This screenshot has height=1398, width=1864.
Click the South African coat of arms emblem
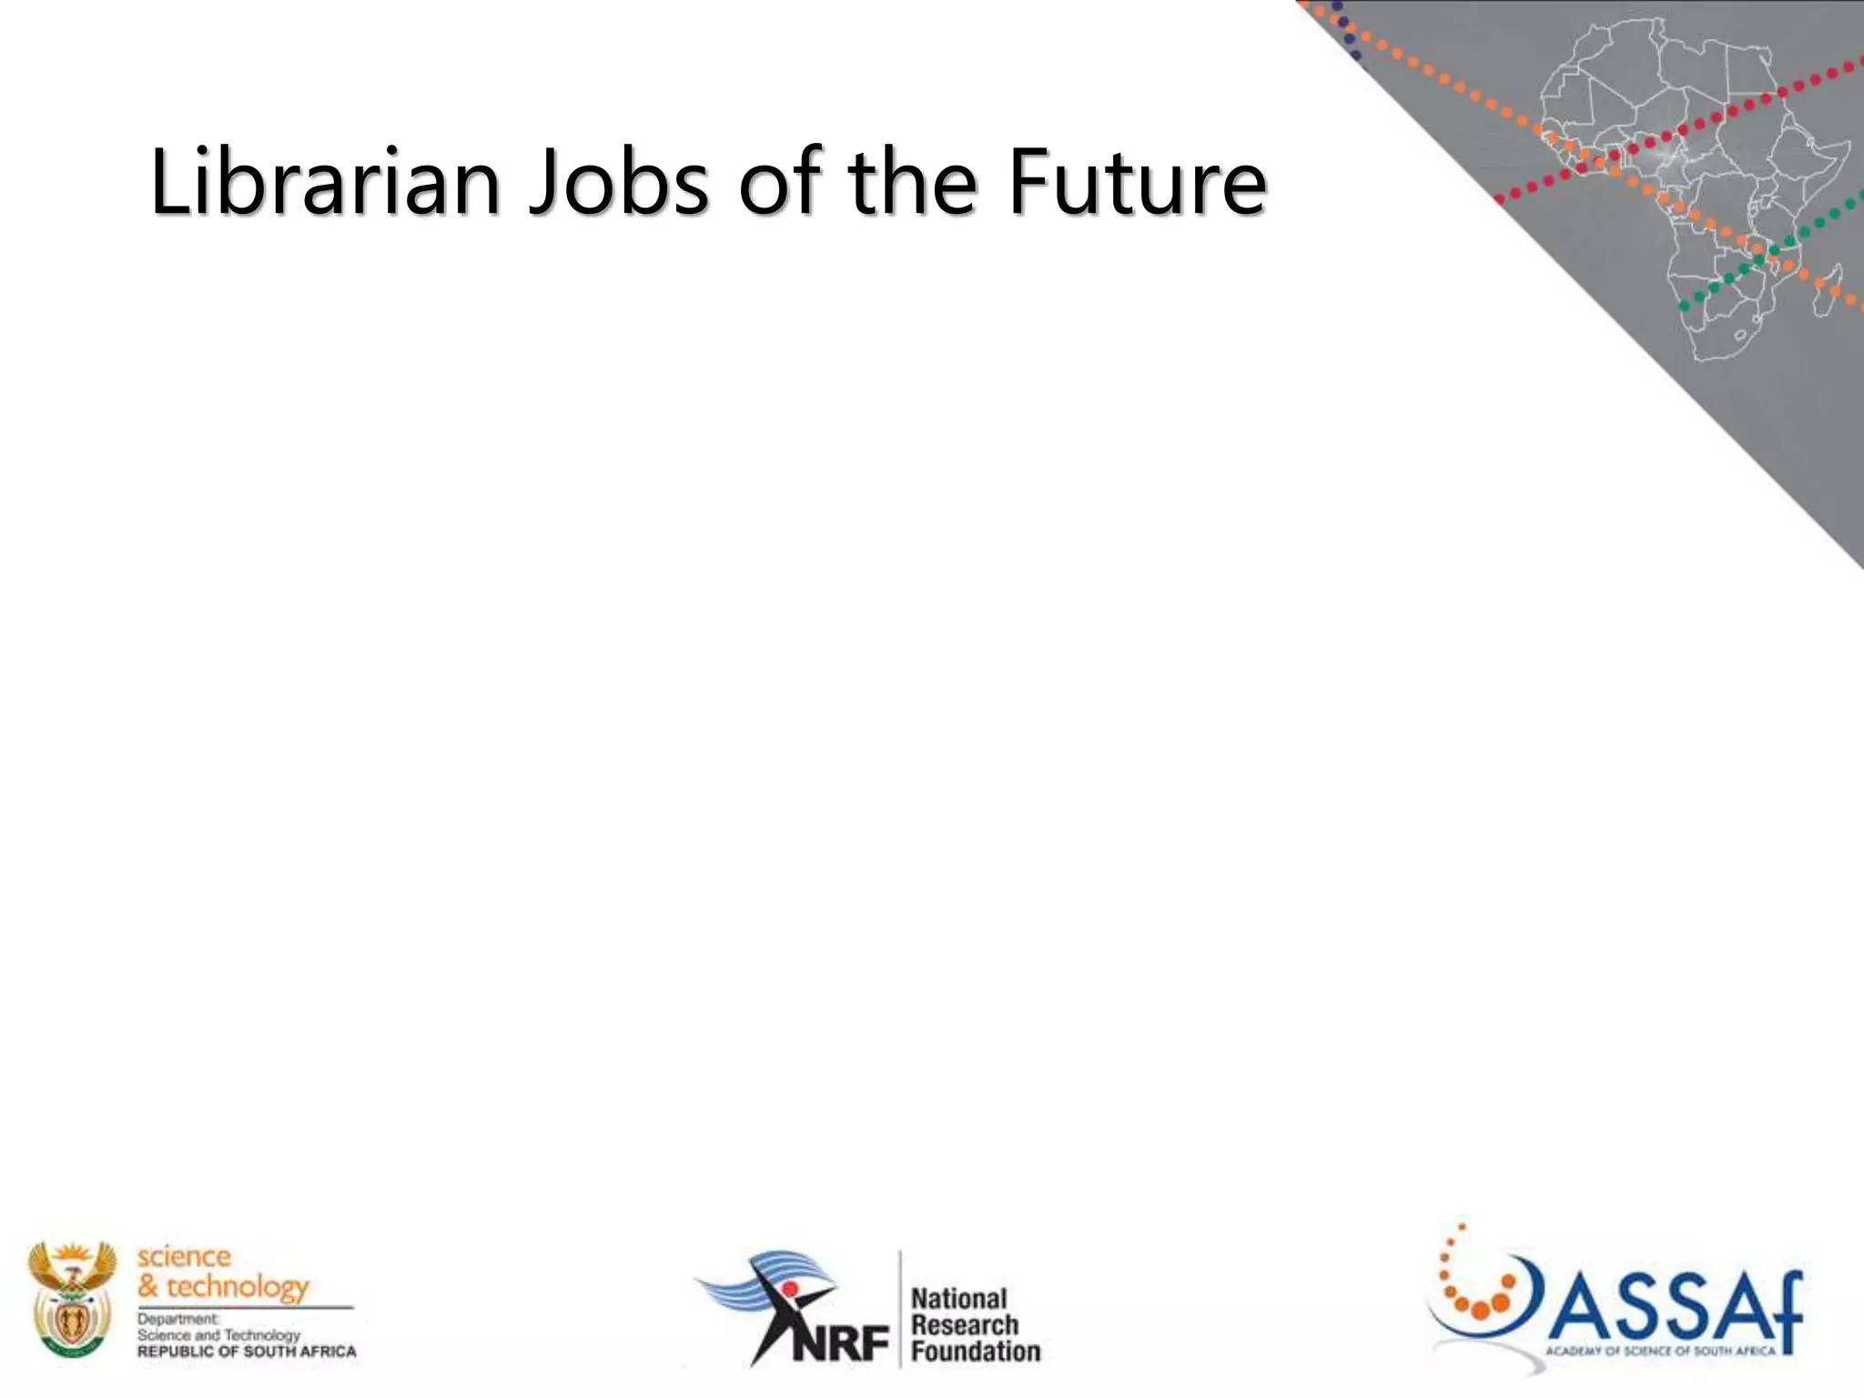[x=72, y=1299]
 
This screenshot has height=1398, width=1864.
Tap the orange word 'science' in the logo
[x=184, y=1257]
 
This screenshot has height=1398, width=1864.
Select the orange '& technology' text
[x=223, y=1287]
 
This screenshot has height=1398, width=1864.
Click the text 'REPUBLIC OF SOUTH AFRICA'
[x=247, y=1352]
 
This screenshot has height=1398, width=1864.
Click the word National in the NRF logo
[x=959, y=1299]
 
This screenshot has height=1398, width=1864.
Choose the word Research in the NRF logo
[x=965, y=1325]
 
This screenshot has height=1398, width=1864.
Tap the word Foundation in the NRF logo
[x=976, y=1352]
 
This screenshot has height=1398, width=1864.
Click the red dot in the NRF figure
[x=790, y=1288]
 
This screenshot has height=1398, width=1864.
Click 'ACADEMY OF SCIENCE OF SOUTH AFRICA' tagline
[x=1660, y=1351]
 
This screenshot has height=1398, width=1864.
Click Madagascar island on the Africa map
[x=1829, y=289]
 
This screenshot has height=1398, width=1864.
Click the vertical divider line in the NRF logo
[x=900, y=1309]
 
